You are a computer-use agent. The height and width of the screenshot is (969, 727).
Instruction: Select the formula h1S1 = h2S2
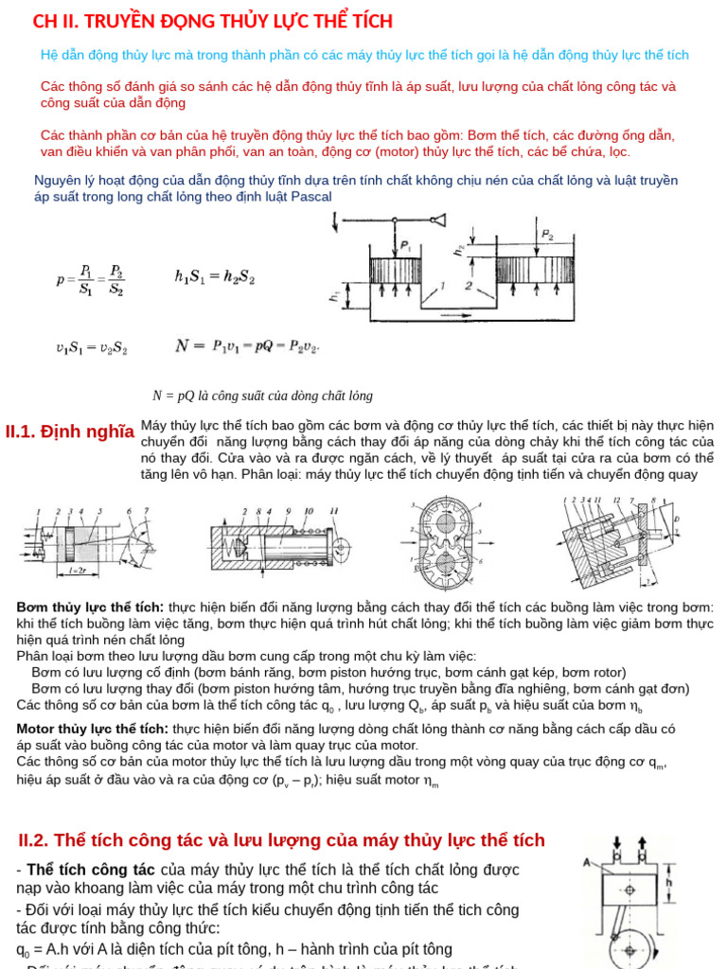(x=214, y=278)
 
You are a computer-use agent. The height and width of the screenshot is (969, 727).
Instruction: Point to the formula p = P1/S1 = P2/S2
(x=91, y=279)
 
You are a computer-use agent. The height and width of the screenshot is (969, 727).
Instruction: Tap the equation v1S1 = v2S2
(x=91, y=347)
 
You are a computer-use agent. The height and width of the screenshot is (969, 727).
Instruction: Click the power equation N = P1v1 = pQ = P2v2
(x=247, y=346)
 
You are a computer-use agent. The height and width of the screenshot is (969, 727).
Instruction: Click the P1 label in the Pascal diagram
(x=405, y=245)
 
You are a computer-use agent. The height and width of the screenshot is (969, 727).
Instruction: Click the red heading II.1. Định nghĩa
(x=69, y=432)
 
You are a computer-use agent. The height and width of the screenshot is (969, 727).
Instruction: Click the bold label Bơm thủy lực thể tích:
(x=90, y=607)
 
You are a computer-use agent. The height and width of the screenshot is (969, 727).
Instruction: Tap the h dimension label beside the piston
(x=669, y=883)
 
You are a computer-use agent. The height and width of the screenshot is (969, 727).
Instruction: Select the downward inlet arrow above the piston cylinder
(x=617, y=842)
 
